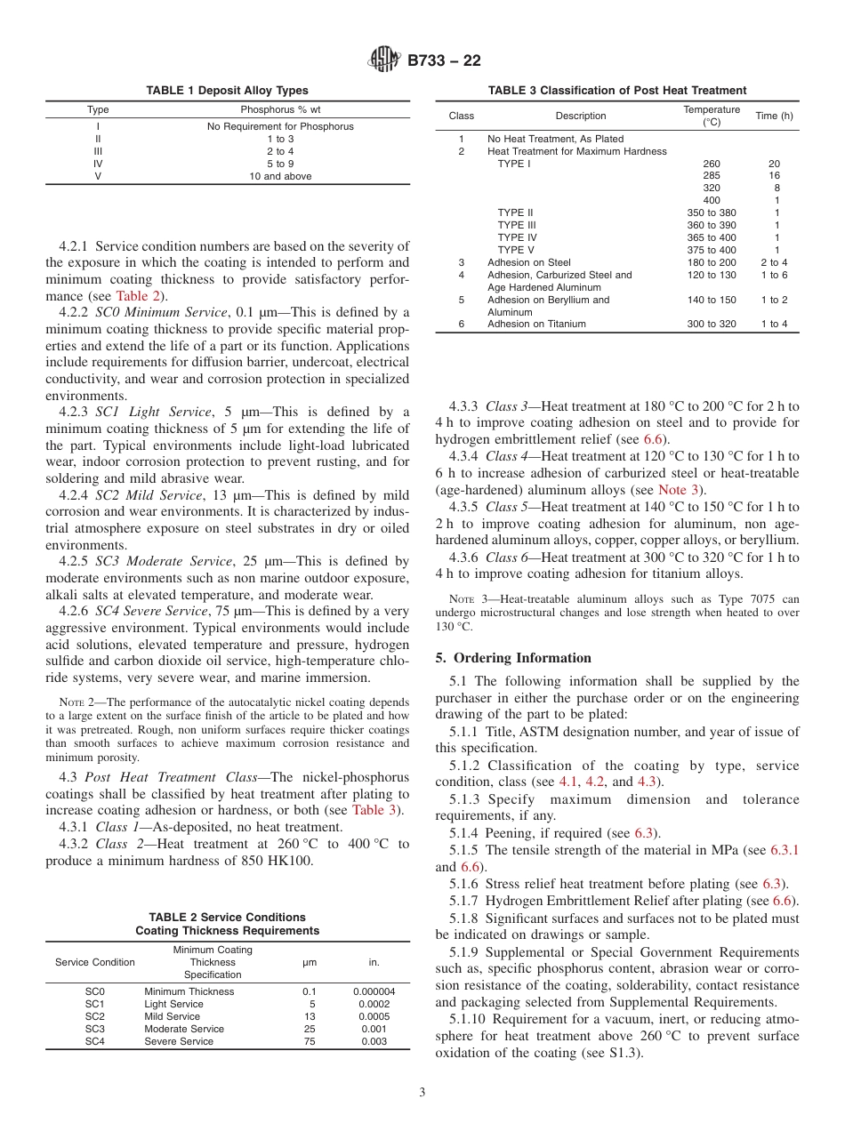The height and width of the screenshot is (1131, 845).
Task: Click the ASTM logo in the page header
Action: (384, 60)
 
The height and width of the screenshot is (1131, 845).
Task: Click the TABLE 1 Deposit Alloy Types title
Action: (228, 90)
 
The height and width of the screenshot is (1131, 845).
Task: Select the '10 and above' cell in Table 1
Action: (280, 176)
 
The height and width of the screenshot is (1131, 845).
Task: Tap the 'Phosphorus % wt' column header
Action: (280, 109)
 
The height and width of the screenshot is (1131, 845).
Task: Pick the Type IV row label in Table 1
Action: (98, 164)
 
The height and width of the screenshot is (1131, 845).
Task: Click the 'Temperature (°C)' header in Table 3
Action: (712, 116)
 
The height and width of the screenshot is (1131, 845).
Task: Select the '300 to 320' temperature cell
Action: (712, 324)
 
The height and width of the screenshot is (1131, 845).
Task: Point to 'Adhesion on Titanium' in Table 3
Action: (536, 324)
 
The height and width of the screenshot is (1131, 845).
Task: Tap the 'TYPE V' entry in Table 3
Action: (516, 250)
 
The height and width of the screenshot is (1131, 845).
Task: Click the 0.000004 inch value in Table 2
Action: (374, 991)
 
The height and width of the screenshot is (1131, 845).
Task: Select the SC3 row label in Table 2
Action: (94, 1029)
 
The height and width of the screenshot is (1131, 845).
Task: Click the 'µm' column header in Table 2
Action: (310, 962)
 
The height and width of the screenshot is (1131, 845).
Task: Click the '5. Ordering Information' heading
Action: (513, 658)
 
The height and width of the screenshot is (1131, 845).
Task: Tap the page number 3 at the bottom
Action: (422, 1093)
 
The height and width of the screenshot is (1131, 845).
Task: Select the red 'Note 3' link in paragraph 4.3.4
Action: (679, 490)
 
